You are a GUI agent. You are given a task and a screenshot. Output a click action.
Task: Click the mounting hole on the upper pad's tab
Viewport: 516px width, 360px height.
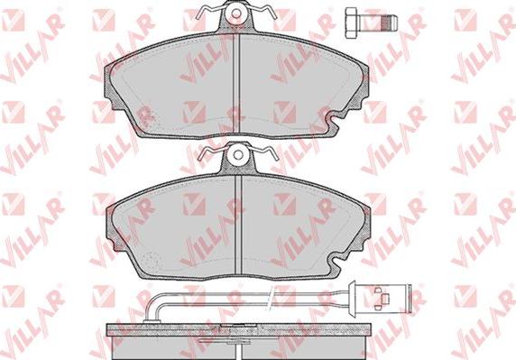[236, 14]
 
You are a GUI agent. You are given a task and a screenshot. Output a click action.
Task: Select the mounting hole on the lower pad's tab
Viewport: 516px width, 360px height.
[238, 155]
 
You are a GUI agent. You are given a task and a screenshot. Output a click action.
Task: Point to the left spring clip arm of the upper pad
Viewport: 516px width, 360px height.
[209, 12]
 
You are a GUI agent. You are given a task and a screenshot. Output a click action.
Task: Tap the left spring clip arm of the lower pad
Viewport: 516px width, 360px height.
[213, 153]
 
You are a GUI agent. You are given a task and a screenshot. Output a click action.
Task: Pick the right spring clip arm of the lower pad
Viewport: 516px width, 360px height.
[263, 153]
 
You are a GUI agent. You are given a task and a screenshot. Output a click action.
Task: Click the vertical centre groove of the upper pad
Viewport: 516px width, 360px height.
[236, 83]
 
